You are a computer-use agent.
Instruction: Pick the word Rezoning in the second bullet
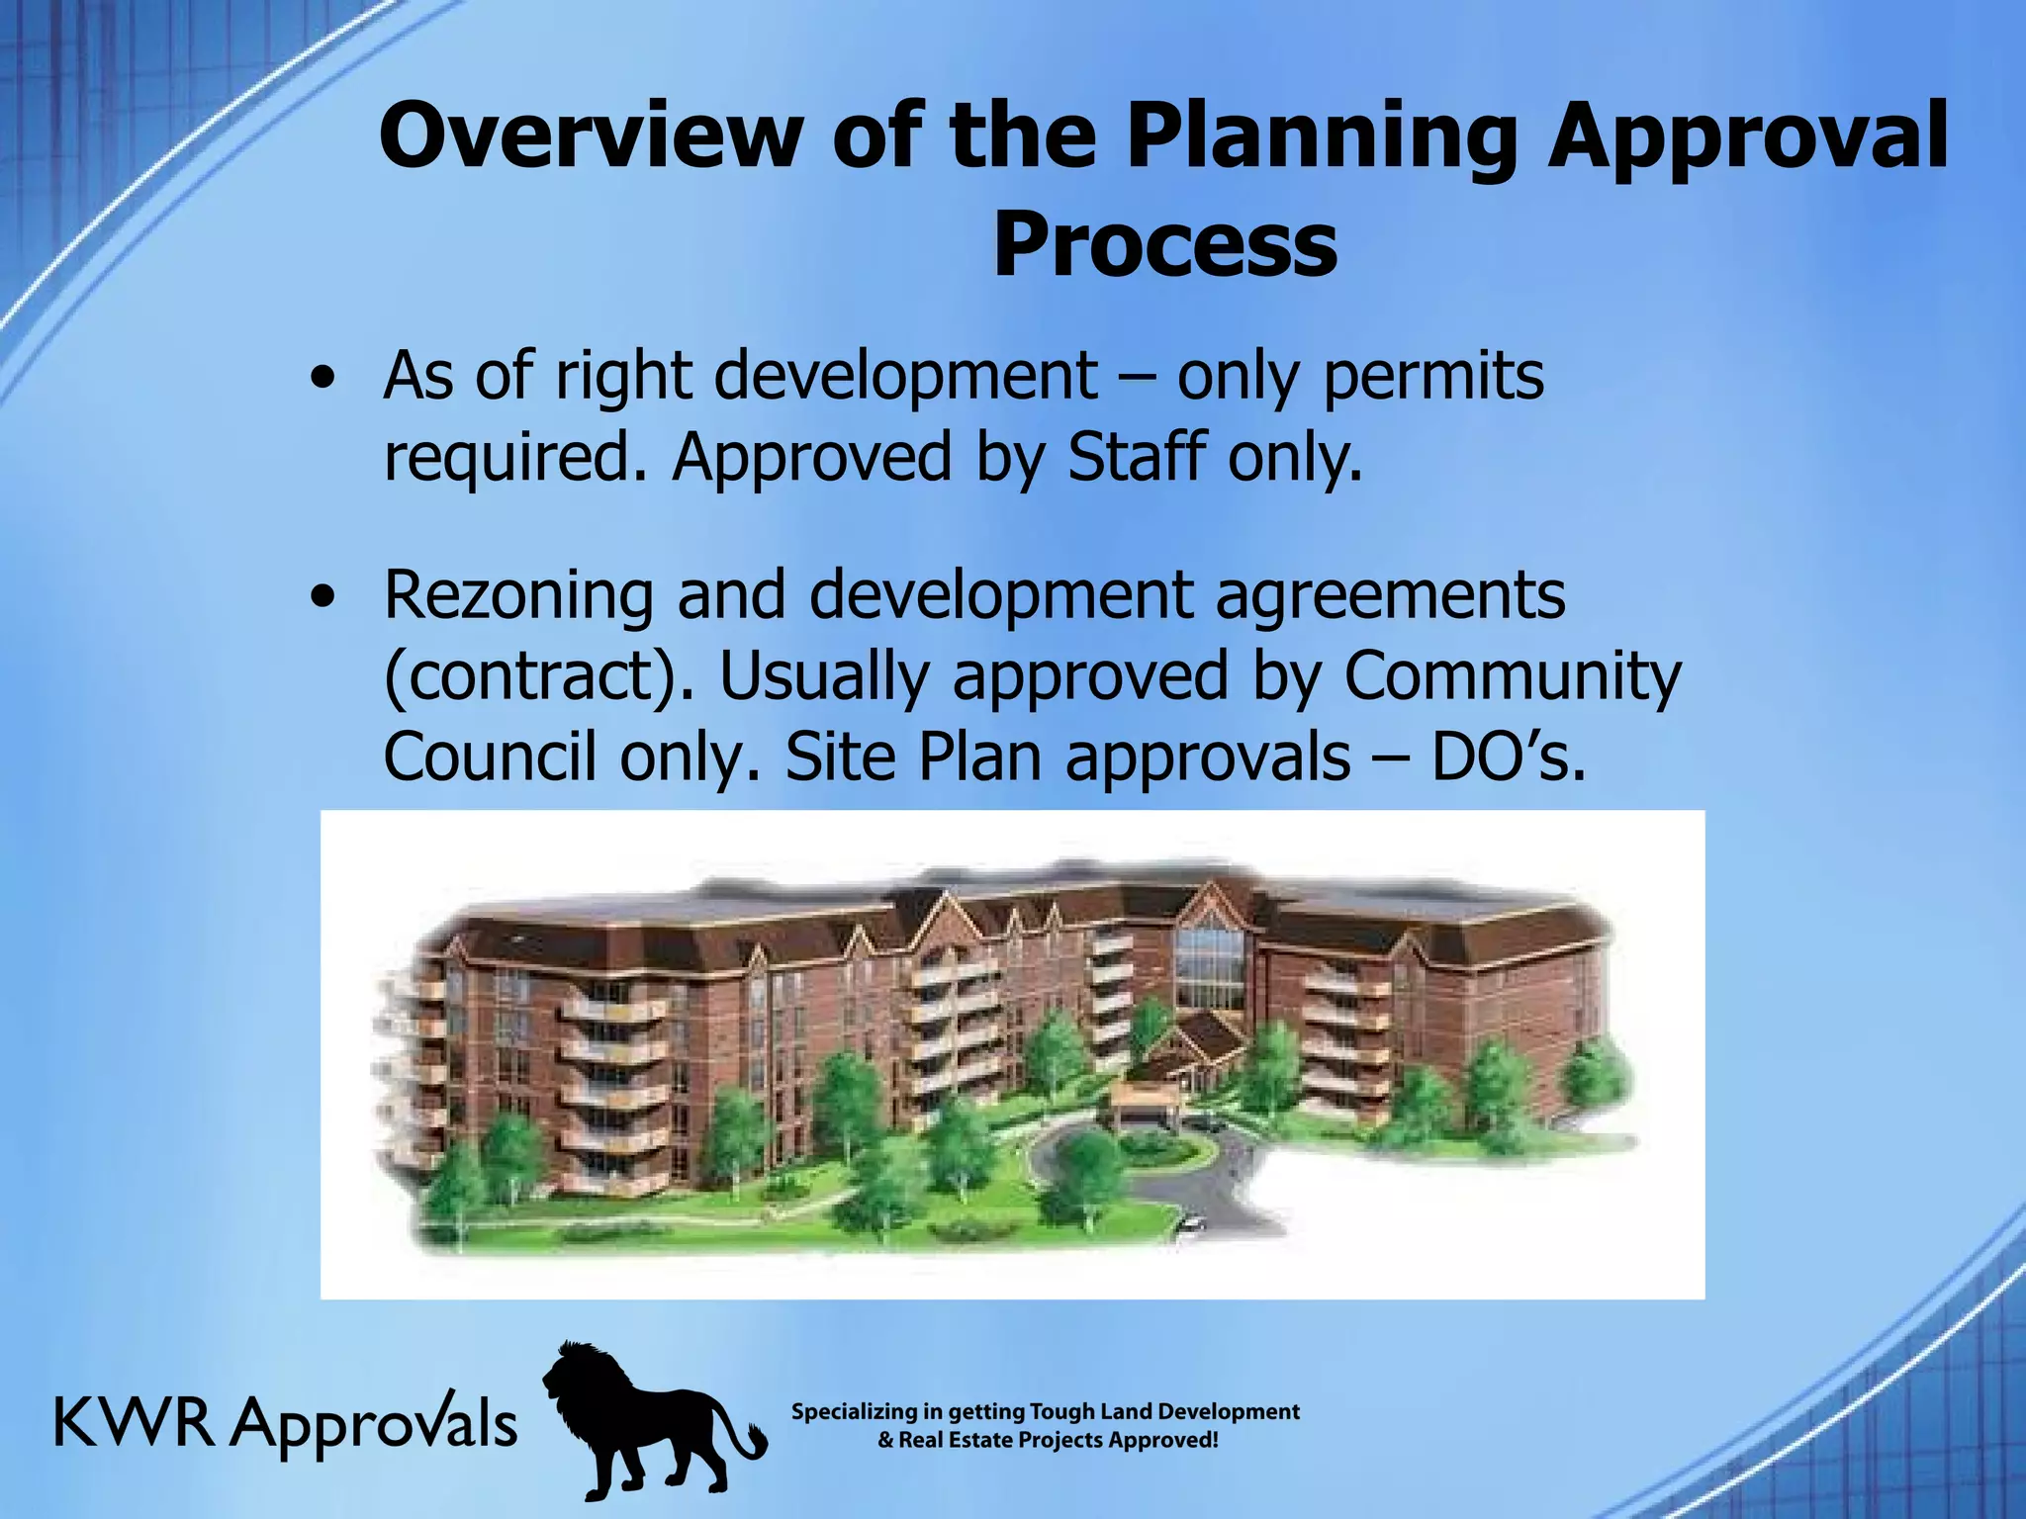[x=517, y=596]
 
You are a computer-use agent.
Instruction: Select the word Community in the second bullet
[x=1512, y=676]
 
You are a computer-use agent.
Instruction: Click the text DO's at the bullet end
[x=1508, y=759]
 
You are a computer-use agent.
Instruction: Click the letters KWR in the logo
[x=134, y=1424]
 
